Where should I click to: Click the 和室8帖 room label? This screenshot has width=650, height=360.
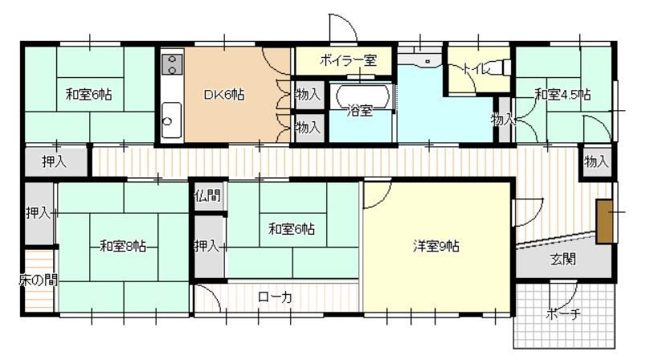[123, 247]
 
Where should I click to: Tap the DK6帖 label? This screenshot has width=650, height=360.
[224, 95]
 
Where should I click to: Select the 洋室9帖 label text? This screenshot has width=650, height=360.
[435, 247]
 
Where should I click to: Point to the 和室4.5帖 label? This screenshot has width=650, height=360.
[562, 95]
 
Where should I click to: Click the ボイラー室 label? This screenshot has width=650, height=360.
[348, 60]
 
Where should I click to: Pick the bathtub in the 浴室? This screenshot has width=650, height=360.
[363, 96]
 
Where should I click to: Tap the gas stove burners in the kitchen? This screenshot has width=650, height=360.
[172, 65]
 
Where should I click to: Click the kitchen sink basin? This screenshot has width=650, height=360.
[171, 121]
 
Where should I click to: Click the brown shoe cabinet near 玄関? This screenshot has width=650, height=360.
[604, 222]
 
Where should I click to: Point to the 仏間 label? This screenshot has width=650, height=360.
[207, 195]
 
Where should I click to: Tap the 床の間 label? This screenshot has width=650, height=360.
[38, 280]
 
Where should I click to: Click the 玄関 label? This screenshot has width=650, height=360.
[563, 260]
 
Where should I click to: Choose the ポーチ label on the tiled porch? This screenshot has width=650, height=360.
[563, 314]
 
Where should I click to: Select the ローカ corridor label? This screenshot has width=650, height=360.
[275, 297]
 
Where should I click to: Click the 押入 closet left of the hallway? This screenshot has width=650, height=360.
[54, 161]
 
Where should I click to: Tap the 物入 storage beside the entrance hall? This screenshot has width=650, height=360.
[596, 162]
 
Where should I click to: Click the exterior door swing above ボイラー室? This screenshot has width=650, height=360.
[342, 28]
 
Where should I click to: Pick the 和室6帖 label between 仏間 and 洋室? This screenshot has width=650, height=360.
[292, 228]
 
